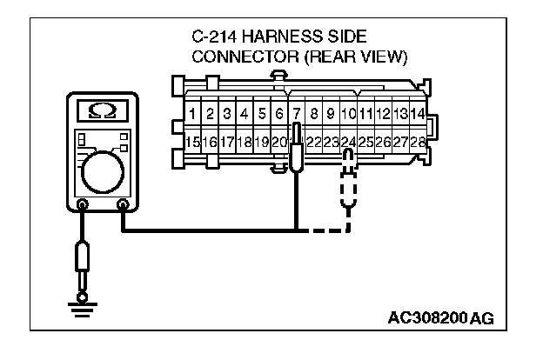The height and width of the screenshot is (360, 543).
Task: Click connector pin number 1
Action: pyautogui.click(x=193, y=114)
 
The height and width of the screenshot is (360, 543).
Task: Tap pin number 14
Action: pyautogui.click(x=418, y=114)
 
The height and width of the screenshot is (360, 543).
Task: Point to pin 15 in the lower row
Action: pyautogui.click(x=193, y=142)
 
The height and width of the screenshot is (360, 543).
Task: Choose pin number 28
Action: pyautogui.click(x=418, y=142)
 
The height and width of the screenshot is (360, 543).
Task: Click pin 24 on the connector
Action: pyautogui.click(x=348, y=142)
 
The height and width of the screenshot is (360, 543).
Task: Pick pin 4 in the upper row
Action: pyautogui.click(x=245, y=114)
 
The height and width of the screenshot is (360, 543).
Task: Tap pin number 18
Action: pyautogui.click(x=245, y=142)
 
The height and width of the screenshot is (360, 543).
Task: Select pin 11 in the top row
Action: pyautogui.click(x=365, y=114)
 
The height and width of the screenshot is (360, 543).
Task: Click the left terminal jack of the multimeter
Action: pyautogui.click(x=83, y=206)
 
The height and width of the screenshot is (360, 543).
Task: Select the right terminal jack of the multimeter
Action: pyautogui.click(x=123, y=206)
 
